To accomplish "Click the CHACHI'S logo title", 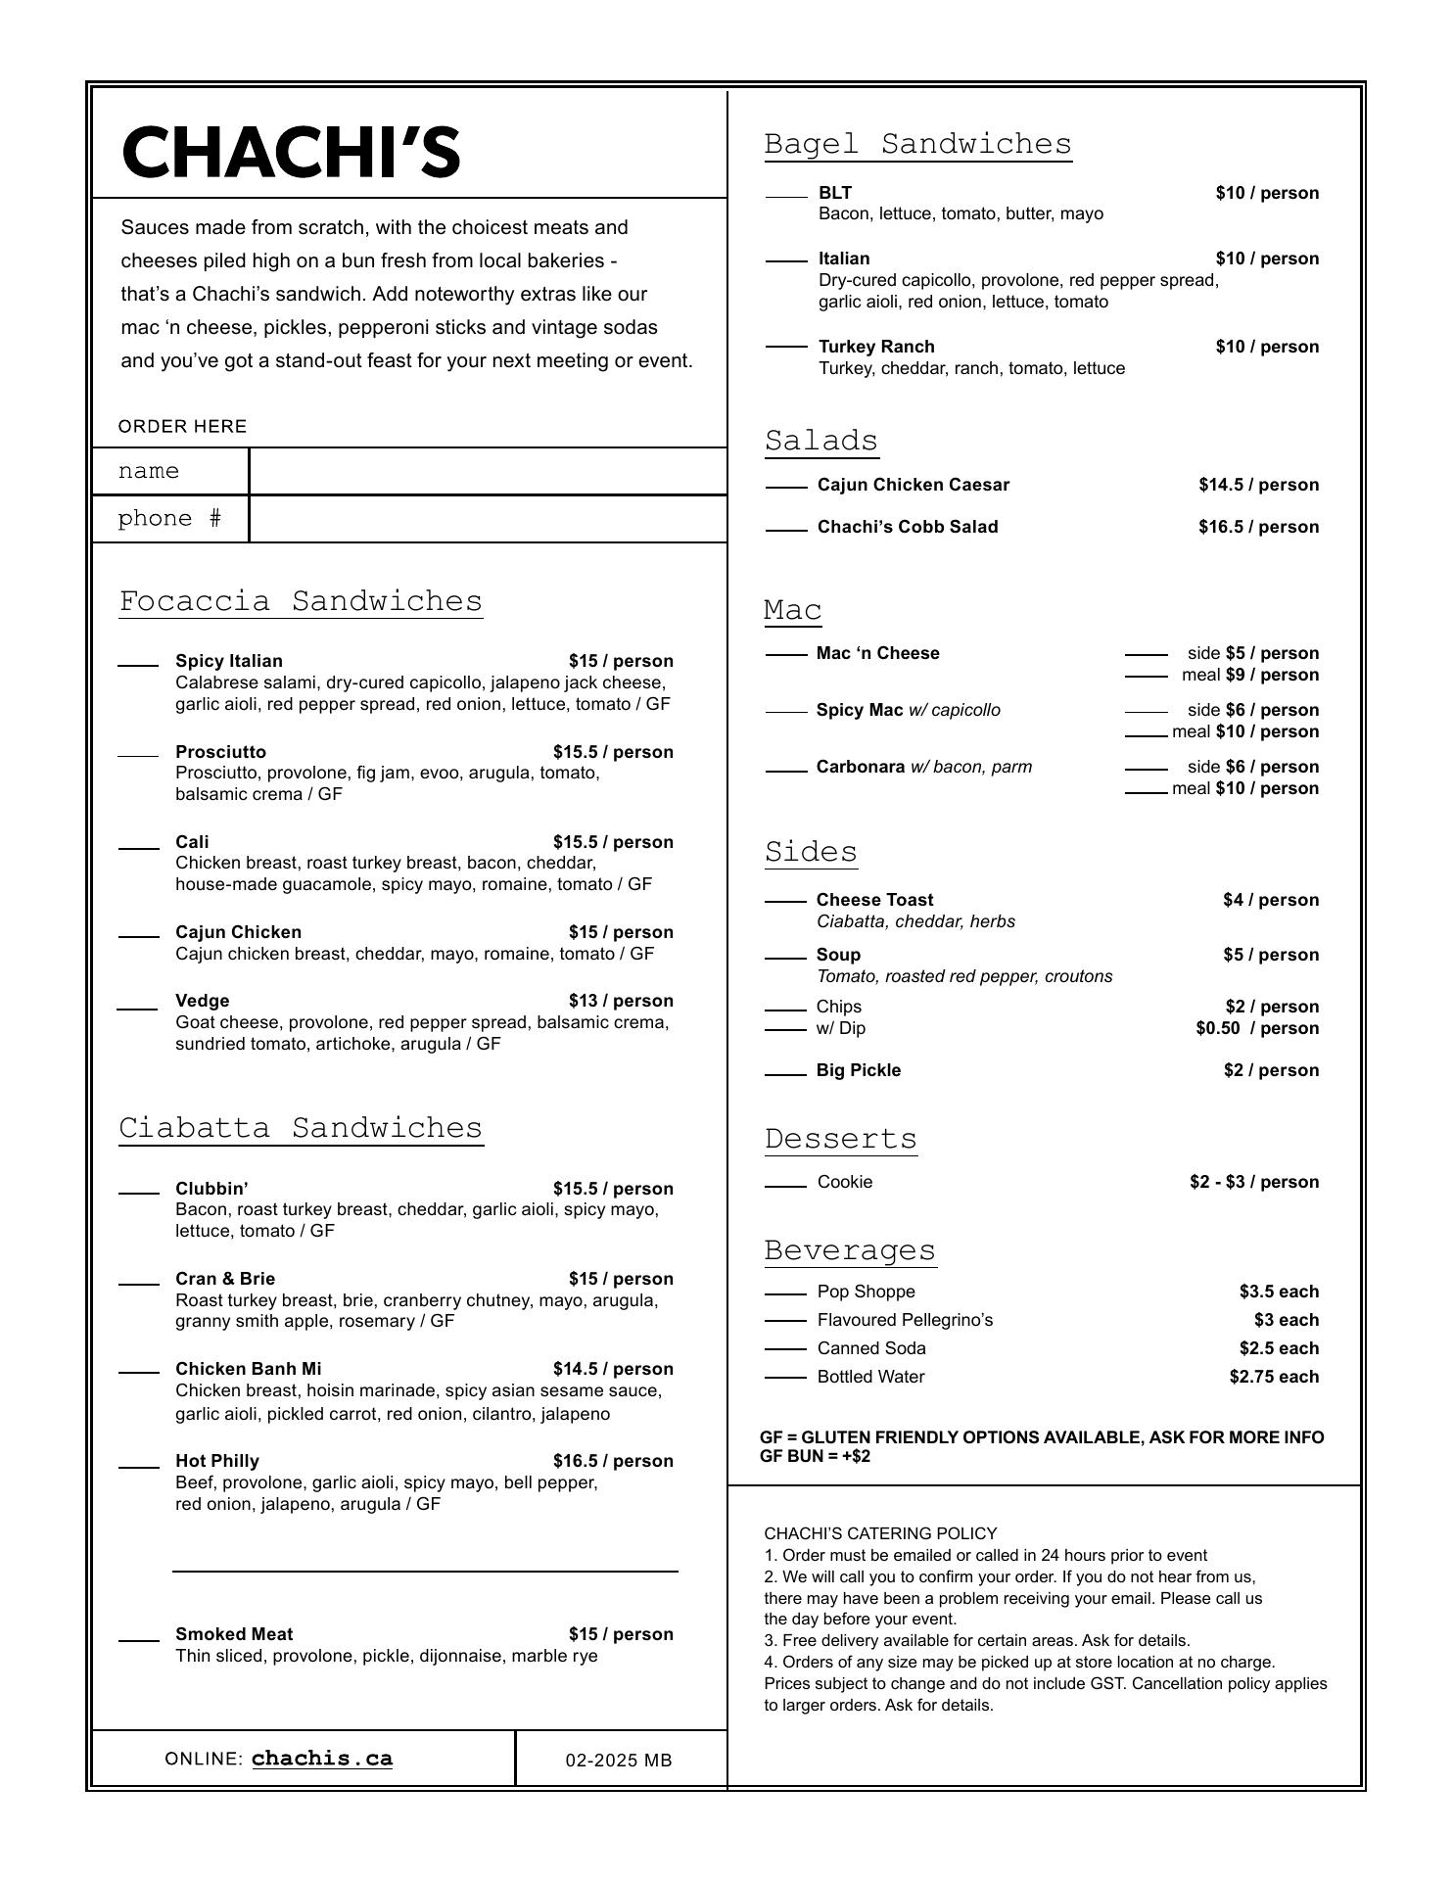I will click(x=291, y=153).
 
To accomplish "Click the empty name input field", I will click(x=488, y=471).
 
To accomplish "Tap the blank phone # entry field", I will click(x=488, y=519).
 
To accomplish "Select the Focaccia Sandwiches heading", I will click(x=301, y=601).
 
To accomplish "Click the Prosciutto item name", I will click(x=220, y=752).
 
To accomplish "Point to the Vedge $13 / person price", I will click(x=621, y=1001).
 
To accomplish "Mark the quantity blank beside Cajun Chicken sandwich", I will click(x=138, y=936).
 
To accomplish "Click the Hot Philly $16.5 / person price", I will click(x=613, y=1461).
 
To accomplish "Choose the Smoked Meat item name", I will click(x=234, y=1634).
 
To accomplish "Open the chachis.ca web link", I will click(x=322, y=1759).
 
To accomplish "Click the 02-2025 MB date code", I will click(x=619, y=1761).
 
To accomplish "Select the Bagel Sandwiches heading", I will click(x=917, y=144).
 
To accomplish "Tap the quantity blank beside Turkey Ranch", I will click(x=786, y=347).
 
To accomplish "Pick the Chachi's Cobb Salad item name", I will click(x=908, y=527).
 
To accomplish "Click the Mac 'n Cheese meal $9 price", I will click(x=1271, y=675).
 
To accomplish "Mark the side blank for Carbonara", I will click(x=1146, y=769).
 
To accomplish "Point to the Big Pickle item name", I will click(x=858, y=1070).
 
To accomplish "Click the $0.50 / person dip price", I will click(x=1257, y=1028).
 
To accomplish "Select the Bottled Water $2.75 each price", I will click(x=1274, y=1377).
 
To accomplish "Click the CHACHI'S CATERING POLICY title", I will click(x=880, y=1533).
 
